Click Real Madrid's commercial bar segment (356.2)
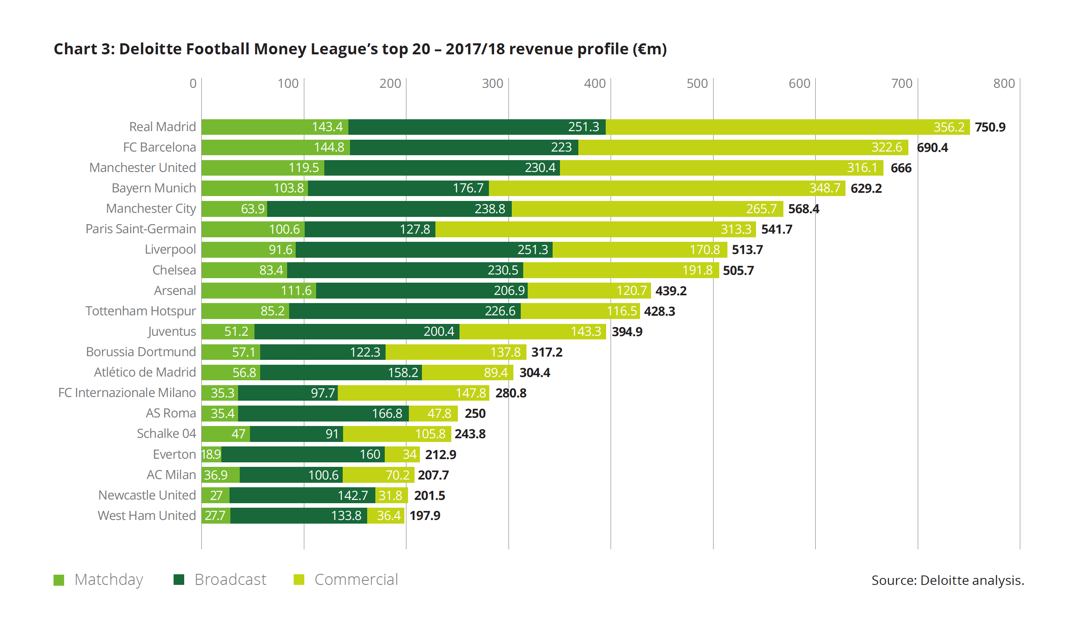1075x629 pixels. [x=787, y=127]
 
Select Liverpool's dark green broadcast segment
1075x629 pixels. [x=424, y=250]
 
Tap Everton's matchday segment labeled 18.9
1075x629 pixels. [x=212, y=454]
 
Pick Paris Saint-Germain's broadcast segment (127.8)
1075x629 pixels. [x=370, y=229]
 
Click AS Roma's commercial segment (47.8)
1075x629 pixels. [x=433, y=413]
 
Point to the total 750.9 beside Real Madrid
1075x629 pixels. [x=990, y=127]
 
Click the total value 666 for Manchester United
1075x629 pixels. [x=901, y=168]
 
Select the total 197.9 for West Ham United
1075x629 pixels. [x=425, y=515]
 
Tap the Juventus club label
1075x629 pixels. [x=172, y=332]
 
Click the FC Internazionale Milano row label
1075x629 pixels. [x=127, y=393]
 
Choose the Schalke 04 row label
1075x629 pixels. [x=166, y=433]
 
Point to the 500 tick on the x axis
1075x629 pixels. [x=697, y=83]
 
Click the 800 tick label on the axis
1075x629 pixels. [x=1004, y=83]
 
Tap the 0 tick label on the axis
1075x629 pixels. [x=193, y=83]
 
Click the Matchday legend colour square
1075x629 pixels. [x=59, y=580]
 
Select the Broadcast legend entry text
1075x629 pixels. [x=230, y=580]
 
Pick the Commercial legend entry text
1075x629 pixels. [x=356, y=580]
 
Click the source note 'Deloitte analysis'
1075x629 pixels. [x=972, y=580]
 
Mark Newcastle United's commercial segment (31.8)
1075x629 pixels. [x=392, y=495]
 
